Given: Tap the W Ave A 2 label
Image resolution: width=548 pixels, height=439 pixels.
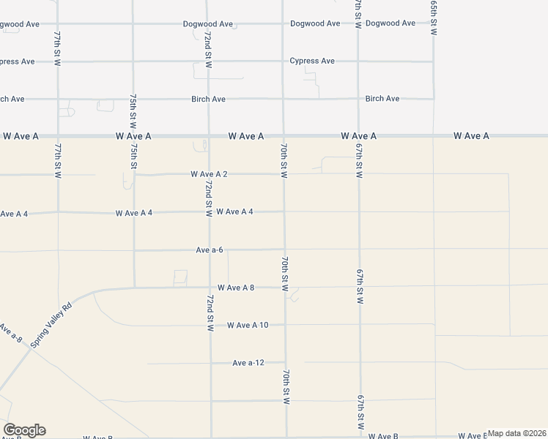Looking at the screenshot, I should [x=209, y=174].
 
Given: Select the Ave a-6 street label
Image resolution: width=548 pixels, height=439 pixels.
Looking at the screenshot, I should [x=209, y=249].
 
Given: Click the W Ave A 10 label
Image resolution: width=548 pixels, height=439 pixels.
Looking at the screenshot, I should [x=248, y=325].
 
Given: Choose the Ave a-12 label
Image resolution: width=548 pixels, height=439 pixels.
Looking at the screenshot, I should [x=248, y=363].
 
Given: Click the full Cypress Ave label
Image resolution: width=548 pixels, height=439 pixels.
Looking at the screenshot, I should [x=312, y=61].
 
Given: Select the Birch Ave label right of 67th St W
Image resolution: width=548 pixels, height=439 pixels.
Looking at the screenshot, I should [x=382, y=98].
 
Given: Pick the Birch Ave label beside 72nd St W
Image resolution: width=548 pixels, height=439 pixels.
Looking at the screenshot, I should [x=208, y=99].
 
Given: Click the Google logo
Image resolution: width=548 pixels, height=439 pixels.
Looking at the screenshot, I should [x=24, y=430].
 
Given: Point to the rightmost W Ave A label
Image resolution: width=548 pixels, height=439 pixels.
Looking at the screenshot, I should [x=470, y=136].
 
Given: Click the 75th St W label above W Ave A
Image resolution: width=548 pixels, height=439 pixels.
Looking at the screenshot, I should [x=133, y=110].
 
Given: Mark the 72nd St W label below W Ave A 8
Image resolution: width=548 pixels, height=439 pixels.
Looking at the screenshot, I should [x=210, y=313].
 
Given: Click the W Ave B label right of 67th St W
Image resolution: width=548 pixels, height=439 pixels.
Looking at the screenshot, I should [x=383, y=436].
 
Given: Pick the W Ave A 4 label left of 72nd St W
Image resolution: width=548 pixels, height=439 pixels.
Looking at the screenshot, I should [x=133, y=213].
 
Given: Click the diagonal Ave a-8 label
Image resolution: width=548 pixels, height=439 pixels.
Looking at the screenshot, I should [x=12, y=334].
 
